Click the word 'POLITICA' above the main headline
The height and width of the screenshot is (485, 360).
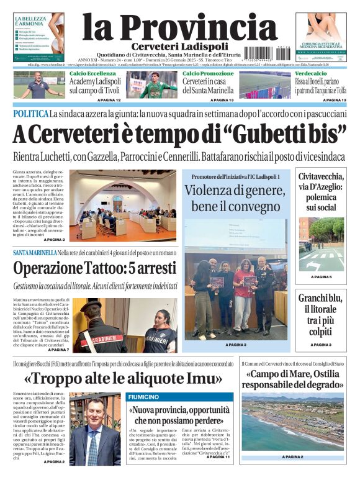(x=30, y=114)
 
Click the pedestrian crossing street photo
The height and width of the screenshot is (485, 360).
(x=321, y=243)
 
